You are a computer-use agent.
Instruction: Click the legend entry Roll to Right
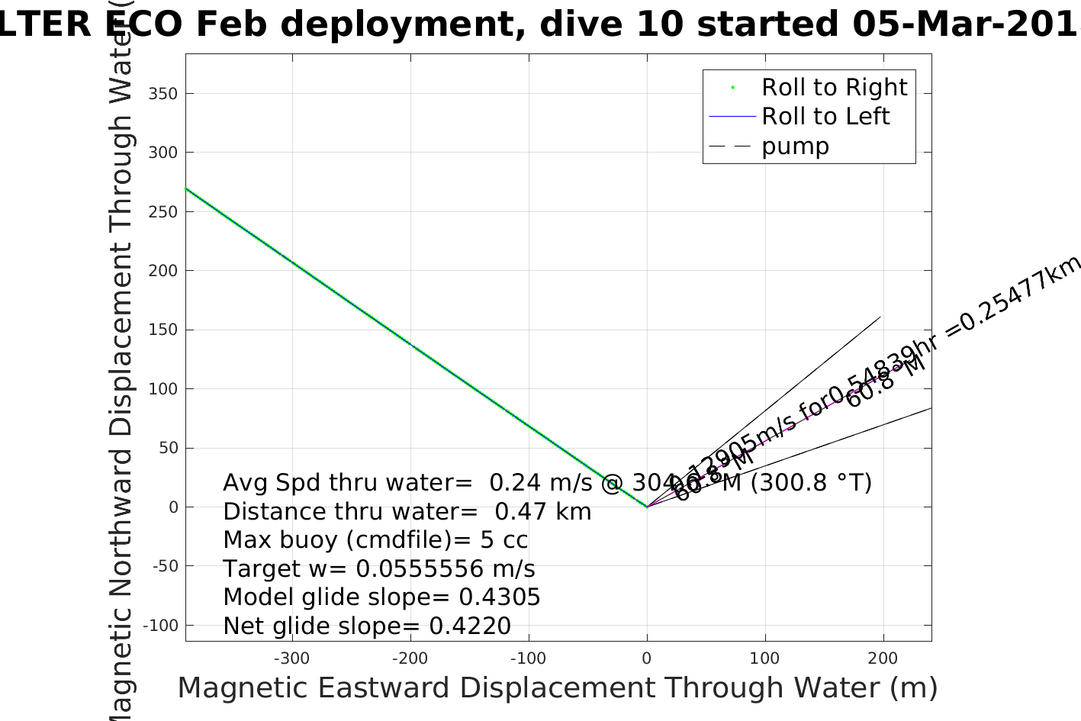(834, 88)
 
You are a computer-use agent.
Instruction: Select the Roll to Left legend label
(825, 117)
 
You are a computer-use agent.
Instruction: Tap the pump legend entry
(795, 146)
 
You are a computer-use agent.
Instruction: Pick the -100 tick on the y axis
(160, 626)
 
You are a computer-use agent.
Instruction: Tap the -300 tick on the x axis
(291, 658)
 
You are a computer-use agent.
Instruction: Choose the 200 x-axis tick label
(883, 658)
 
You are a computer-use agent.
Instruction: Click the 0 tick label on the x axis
(647, 658)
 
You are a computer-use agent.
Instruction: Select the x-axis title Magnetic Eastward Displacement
(557, 688)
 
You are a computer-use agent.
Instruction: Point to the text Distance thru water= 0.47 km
(407, 511)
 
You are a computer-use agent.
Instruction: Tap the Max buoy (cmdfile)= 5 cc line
(375, 540)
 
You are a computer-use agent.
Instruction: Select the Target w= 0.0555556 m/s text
(379, 569)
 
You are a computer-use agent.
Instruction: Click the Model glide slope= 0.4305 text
(381, 597)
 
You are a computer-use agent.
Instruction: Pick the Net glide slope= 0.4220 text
(367, 626)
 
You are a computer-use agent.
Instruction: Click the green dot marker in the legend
(732, 88)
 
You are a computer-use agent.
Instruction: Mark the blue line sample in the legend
(732, 117)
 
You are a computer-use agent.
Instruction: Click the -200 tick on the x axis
(410, 658)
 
